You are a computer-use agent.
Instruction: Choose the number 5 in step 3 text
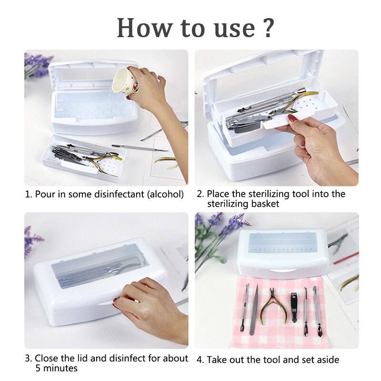tap(38, 368)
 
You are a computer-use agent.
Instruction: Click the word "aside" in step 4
tap(327, 360)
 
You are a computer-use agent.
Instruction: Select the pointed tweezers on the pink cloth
tap(254, 310)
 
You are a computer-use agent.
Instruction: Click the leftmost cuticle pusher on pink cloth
tap(245, 308)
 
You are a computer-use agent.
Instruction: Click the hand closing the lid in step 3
tap(150, 309)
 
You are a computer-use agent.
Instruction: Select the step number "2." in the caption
tap(200, 194)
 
